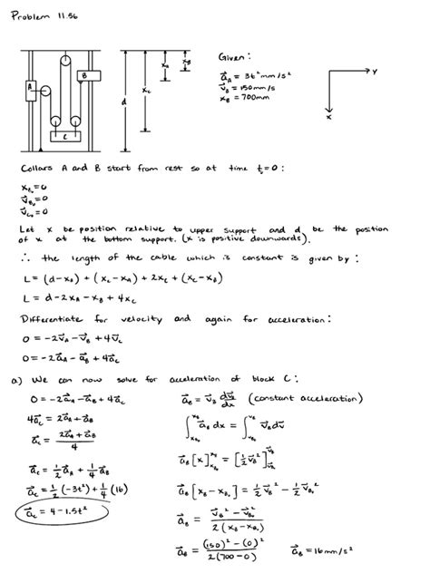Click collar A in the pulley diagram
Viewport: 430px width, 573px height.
[32, 87]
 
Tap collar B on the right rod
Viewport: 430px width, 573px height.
[83, 76]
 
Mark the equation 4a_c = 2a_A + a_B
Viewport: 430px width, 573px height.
[62, 418]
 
